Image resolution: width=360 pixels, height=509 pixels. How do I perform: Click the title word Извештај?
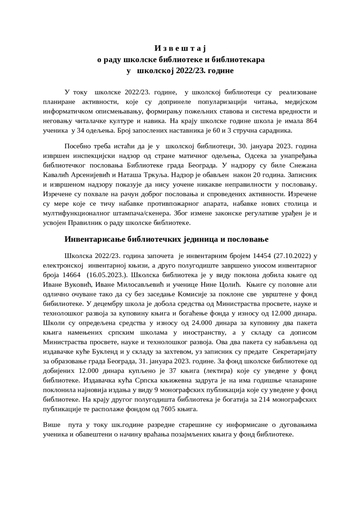click(180, 49)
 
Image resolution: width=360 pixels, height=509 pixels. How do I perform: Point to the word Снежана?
click(305, 165)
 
